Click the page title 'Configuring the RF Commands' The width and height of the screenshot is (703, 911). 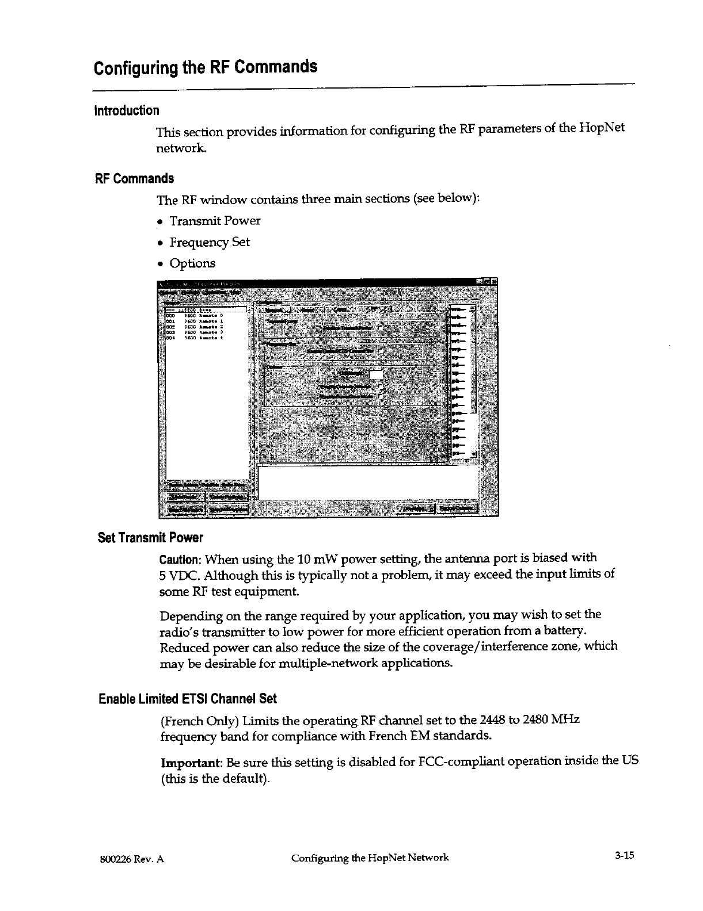(206, 67)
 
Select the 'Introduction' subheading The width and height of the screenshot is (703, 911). (127, 110)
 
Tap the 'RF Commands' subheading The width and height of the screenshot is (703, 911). (134, 178)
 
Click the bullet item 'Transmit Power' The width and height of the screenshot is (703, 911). (215, 221)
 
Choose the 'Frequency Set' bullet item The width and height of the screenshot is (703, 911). (210, 242)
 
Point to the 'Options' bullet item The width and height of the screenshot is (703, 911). (192, 263)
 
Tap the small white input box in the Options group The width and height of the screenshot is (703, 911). (376, 375)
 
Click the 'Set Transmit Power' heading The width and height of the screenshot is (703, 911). (150, 538)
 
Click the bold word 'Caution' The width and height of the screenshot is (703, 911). (180, 559)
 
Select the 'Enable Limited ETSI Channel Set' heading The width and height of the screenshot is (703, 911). (188, 699)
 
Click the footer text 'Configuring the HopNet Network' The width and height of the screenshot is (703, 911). (370, 858)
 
